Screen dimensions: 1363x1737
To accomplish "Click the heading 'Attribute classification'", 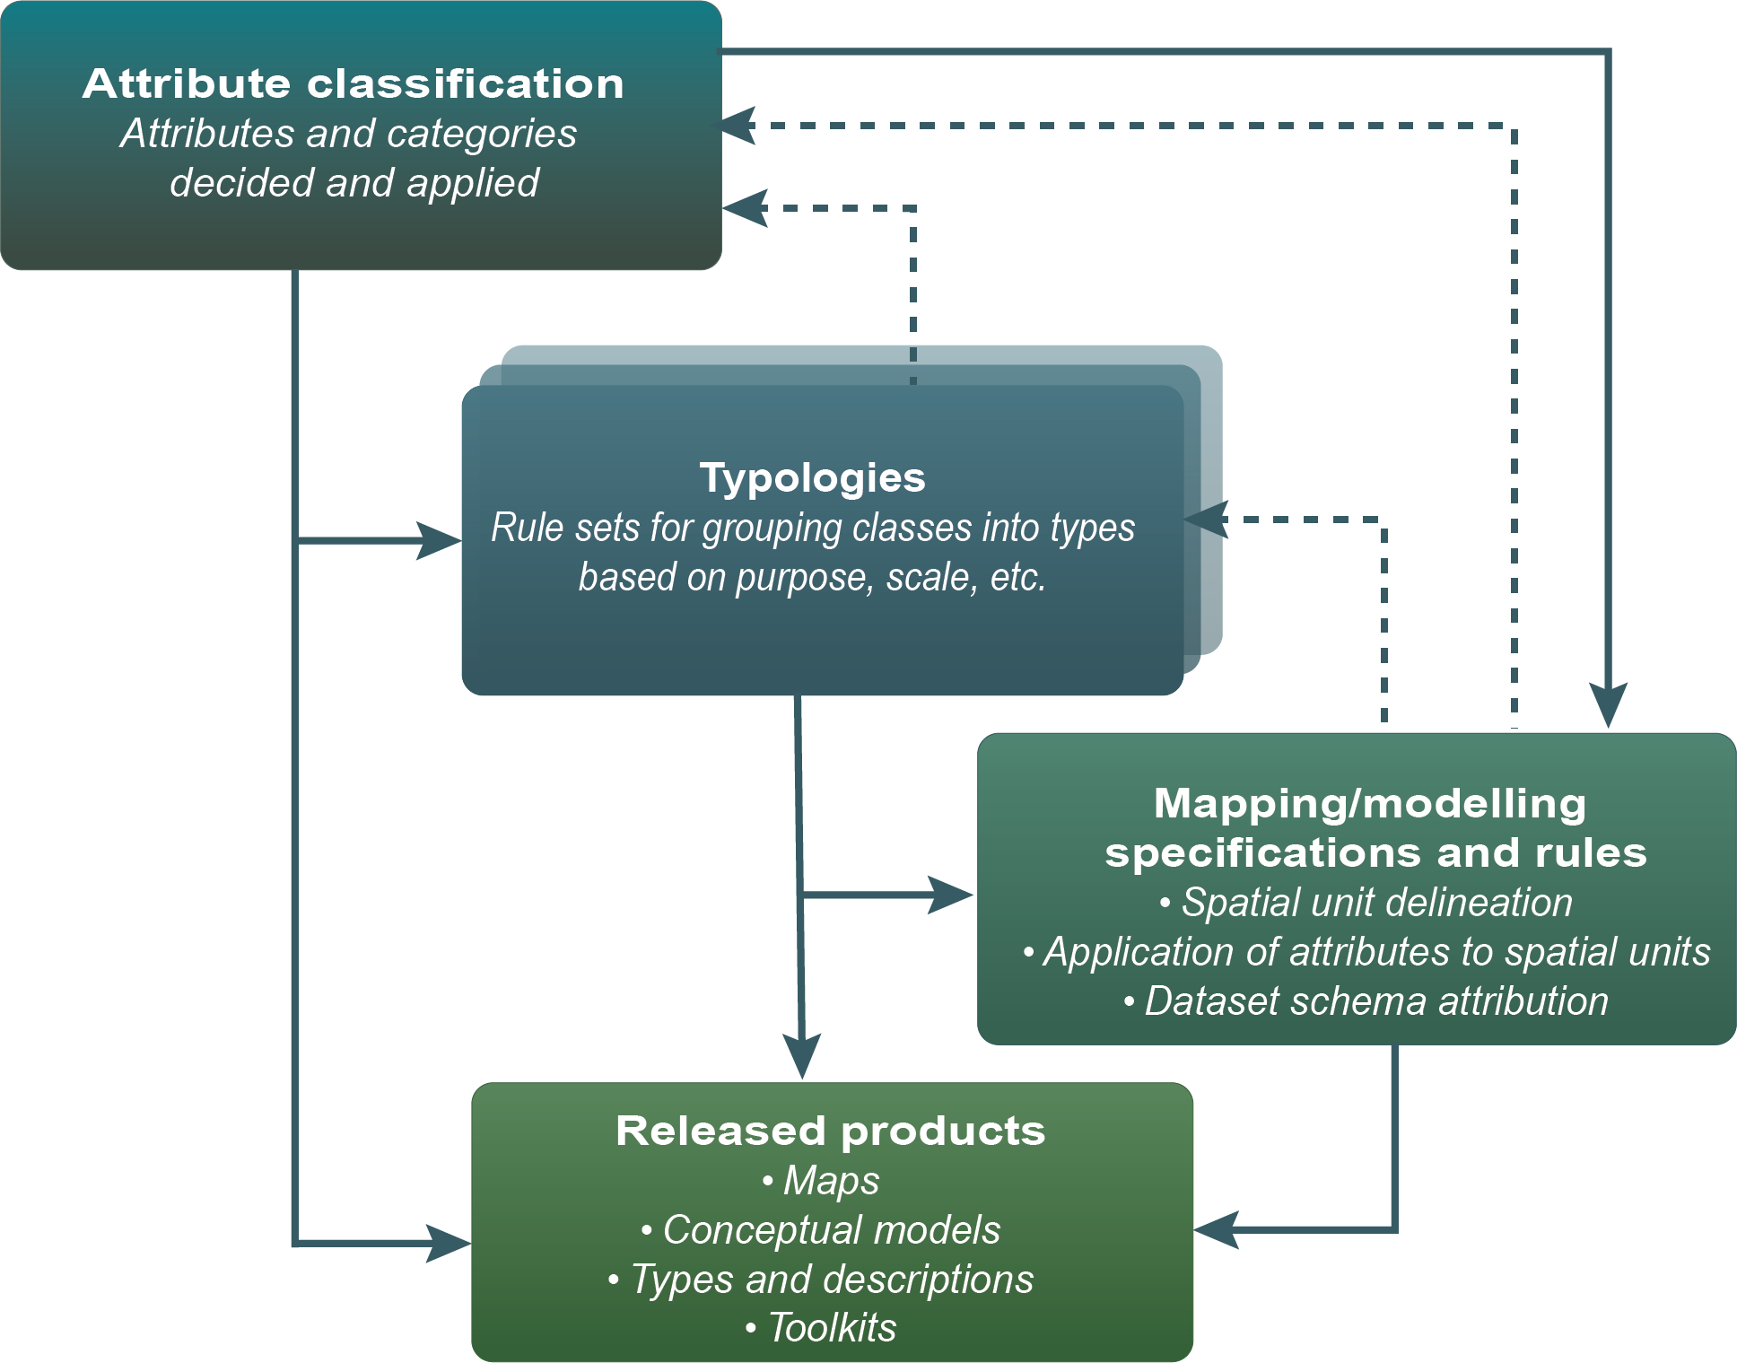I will click(353, 83).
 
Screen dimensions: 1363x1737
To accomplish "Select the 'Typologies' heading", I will click(812, 477).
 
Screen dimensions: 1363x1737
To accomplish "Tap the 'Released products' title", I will click(830, 1131).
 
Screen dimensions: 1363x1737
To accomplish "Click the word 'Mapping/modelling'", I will click(1369, 803).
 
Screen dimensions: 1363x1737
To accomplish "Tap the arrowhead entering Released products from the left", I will click(450, 1243).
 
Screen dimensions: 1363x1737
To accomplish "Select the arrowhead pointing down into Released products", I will click(802, 1056).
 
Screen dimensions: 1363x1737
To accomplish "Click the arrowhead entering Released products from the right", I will click(1216, 1229).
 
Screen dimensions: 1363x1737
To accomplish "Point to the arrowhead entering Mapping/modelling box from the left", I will click(951, 895).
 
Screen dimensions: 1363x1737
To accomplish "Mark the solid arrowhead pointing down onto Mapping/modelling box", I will click(1609, 704).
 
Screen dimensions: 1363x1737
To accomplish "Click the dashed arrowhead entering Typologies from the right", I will click(1205, 520).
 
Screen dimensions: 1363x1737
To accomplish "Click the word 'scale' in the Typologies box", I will click(926, 577).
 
